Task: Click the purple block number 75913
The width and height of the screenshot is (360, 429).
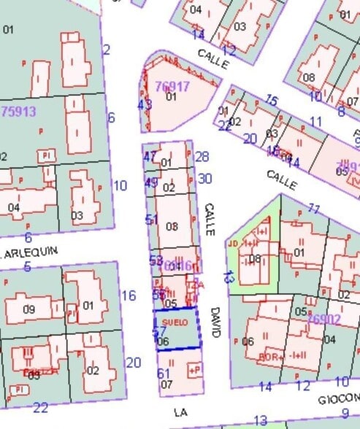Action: click(x=20, y=112)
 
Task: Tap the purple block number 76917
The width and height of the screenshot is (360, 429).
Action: click(x=172, y=86)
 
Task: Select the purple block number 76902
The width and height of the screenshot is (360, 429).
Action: click(x=324, y=320)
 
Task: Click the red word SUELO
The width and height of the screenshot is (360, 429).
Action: click(x=175, y=322)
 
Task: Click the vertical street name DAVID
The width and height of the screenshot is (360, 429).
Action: click(x=215, y=321)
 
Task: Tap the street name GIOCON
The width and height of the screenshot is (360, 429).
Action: click(x=339, y=399)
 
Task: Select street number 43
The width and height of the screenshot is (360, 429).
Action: click(x=145, y=105)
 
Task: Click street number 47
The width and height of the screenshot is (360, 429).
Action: click(x=150, y=156)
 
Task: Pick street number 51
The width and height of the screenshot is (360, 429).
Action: click(x=152, y=220)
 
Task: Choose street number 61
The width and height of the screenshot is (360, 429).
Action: click(x=164, y=374)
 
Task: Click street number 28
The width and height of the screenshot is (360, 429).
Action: click(x=202, y=157)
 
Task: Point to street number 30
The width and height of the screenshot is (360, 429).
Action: click(x=205, y=179)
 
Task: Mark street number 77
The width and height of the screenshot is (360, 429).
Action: click(x=314, y=209)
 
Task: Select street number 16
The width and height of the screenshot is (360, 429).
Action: click(x=129, y=295)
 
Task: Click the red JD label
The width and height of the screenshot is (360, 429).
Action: click(x=234, y=243)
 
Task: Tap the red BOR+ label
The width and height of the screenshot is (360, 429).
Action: click(x=271, y=357)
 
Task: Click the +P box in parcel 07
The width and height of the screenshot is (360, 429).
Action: click(x=194, y=371)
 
